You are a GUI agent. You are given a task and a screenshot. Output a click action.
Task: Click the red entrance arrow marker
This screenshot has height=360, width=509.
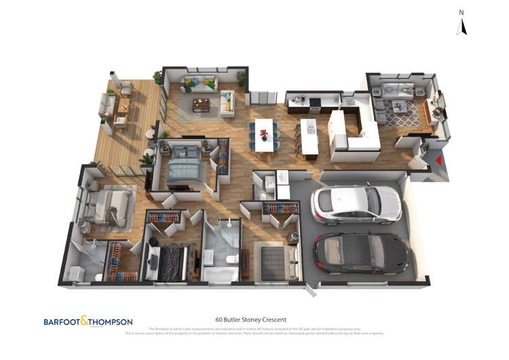click(439, 161)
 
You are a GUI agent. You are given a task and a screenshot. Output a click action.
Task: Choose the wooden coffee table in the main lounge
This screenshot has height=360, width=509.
click(201, 105)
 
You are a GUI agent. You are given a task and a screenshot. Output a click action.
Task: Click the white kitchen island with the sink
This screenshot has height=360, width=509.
click(309, 135)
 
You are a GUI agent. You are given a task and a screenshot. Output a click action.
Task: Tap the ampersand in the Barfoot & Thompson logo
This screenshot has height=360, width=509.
click(84, 321)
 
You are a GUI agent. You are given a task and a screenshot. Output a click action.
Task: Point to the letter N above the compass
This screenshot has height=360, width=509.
click(461, 12)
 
